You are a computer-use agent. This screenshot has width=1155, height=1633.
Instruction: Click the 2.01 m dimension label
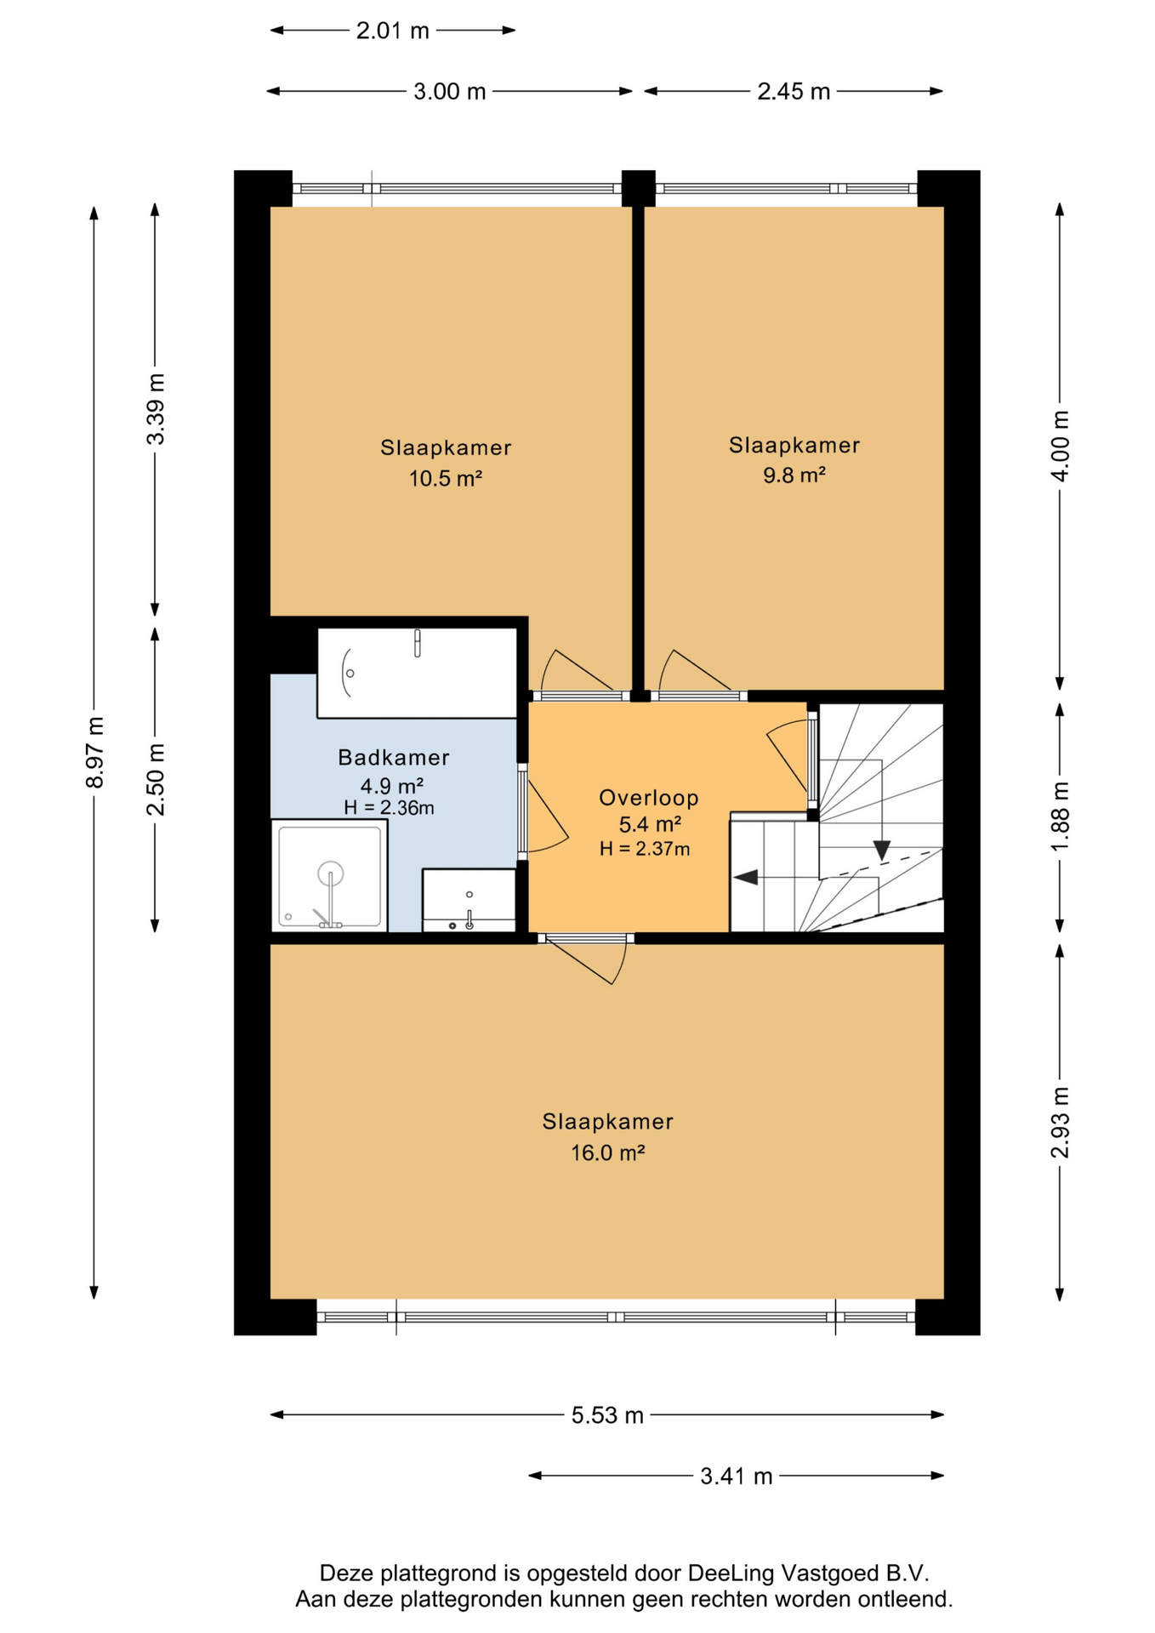(x=392, y=31)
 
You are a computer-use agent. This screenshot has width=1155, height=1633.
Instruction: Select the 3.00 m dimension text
(x=449, y=92)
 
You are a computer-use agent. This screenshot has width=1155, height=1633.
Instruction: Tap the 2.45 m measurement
(x=794, y=92)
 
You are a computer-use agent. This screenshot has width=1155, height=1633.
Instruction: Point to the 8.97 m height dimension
(x=94, y=752)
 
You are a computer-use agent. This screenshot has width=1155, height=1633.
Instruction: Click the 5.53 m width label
(x=607, y=1415)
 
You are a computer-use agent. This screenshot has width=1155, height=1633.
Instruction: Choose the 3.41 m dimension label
(x=737, y=1477)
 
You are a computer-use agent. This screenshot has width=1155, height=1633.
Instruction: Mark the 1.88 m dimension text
(x=1060, y=816)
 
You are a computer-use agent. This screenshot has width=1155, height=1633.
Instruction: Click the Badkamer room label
(x=393, y=757)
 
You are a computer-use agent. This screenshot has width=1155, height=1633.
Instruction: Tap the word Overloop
(x=649, y=798)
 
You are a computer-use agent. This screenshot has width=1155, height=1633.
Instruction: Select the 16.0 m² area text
(x=607, y=1152)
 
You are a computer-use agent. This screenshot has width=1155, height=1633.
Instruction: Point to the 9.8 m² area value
(x=794, y=475)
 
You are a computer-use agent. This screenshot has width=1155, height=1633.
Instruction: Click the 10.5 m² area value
(x=446, y=478)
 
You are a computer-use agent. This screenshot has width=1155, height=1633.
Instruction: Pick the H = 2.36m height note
(x=389, y=808)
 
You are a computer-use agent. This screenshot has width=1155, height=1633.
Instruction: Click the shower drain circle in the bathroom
(x=330, y=873)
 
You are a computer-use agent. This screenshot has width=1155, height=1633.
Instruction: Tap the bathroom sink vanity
(x=469, y=901)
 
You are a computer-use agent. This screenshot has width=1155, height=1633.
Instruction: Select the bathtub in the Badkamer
(x=417, y=673)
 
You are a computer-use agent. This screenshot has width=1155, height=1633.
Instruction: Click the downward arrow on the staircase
(x=881, y=851)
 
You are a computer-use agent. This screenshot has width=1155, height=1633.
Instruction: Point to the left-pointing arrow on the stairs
(x=746, y=877)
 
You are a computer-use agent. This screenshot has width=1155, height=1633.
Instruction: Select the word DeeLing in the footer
(x=731, y=1573)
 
